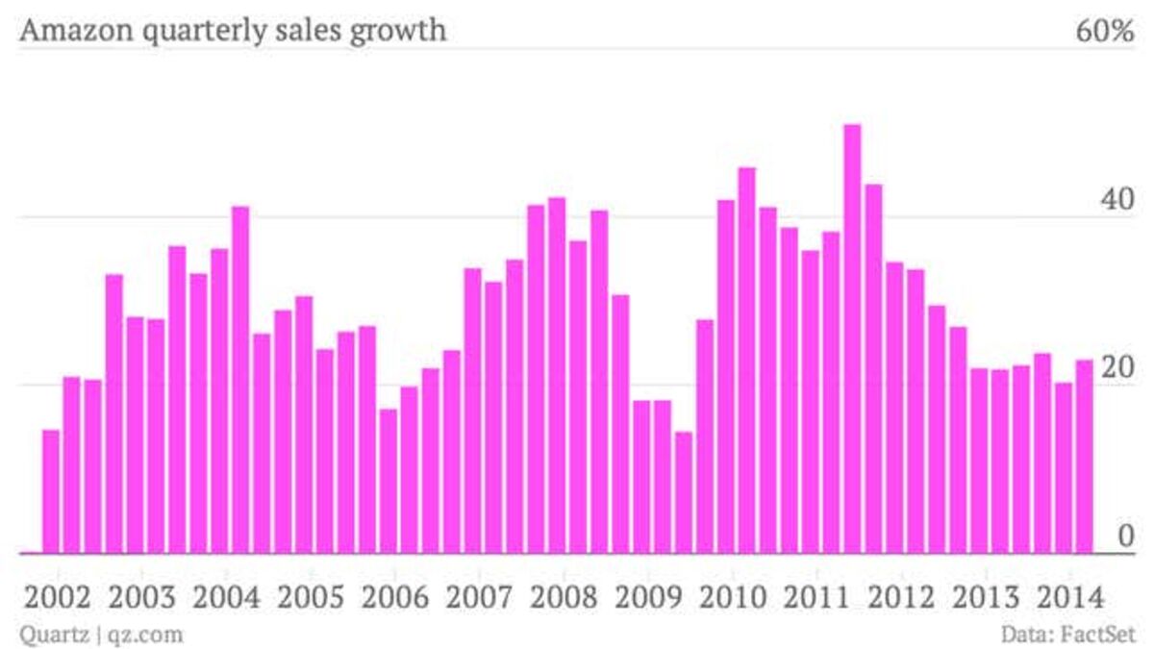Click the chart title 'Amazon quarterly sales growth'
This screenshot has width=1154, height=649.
tap(233, 31)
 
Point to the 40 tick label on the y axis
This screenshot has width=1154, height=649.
tap(1116, 200)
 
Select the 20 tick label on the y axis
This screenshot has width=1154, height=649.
tap(1116, 368)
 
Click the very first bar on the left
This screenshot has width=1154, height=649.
tap(51, 490)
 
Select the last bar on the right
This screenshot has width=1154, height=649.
tap(1084, 456)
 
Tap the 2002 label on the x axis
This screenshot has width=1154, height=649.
tap(58, 596)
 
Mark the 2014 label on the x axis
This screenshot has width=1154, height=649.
tap(1071, 596)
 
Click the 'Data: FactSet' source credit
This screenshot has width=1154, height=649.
tap(1067, 635)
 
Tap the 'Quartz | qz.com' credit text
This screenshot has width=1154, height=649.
tap(101, 635)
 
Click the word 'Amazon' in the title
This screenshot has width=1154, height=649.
tap(69, 31)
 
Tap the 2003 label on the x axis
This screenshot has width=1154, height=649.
tap(142, 596)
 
